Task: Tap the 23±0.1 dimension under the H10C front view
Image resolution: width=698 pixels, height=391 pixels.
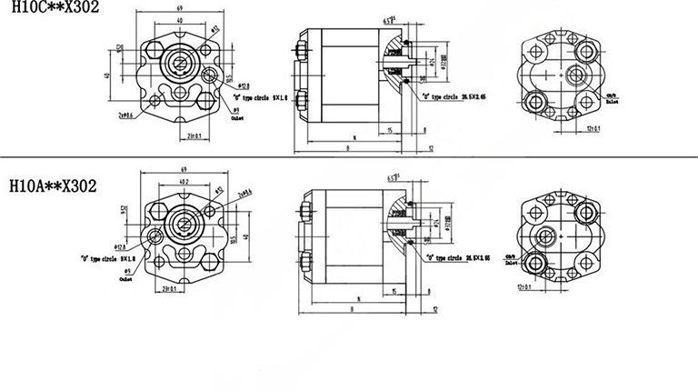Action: [x=192, y=136]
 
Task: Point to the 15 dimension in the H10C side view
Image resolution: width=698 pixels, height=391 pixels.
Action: [x=388, y=130]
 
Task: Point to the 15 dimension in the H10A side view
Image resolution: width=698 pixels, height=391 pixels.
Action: [x=393, y=290]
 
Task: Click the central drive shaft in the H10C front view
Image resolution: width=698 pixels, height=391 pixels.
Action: [x=179, y=63]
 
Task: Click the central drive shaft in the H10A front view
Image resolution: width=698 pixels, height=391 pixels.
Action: [x=184, y=223]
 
